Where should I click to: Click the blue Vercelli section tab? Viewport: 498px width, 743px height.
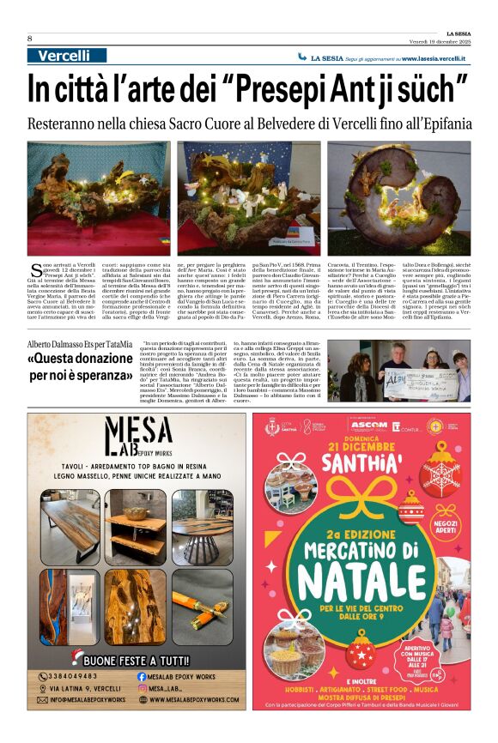(x=64, y=56)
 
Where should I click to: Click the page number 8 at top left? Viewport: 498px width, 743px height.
(x=30, y=39)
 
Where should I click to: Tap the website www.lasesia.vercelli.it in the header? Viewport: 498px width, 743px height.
(x=433, y=58)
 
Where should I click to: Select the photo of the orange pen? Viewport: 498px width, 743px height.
(x=202, y=607)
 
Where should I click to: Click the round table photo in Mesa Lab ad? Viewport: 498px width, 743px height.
(x=202, y=527)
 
